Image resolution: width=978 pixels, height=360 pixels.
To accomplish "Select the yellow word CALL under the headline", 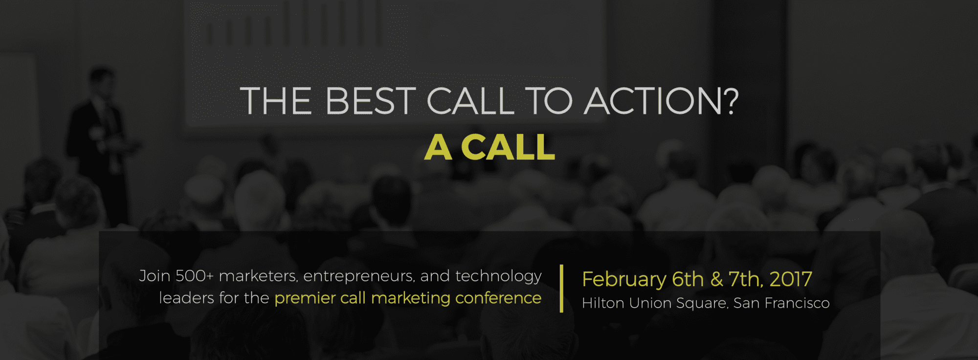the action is coord(508,147).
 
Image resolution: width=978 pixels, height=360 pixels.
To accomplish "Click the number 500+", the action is coord(195,276).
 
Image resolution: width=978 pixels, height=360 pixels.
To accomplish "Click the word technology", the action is coord(498,277).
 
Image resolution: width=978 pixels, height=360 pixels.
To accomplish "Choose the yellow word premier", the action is coord(305,298).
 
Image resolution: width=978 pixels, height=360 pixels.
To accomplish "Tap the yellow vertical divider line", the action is coord(561,289).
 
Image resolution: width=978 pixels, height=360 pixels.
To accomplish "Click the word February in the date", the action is coord(624,280).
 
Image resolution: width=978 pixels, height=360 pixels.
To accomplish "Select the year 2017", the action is coord(791,279).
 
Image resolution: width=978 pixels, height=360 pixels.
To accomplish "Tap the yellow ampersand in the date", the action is coord(717,279).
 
